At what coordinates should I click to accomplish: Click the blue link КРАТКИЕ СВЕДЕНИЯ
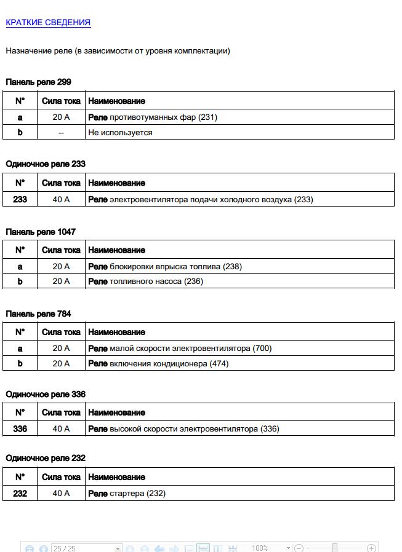coord(48,23)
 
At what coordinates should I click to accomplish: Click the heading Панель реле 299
coord(39,82)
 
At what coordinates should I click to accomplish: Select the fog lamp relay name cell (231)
coord(153,117)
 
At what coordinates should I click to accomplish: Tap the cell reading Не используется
coord(120,132)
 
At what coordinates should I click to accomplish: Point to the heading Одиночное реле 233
coord(46,164)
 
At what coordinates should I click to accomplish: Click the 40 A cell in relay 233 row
coord(61,199)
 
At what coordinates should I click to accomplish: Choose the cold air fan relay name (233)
coord(201,199)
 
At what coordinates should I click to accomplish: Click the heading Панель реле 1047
coord(41,232)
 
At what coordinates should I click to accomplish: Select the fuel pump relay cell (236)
coord(145,281)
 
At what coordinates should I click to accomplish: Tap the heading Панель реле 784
coord(38,313)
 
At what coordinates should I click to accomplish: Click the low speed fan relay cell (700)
coord(180,348)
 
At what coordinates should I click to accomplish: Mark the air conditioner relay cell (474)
coord(158,363)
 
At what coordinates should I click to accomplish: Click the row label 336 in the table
coord(20,428)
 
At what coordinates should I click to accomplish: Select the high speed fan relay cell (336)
coord(183,428)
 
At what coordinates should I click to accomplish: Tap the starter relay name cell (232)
coord(127,493)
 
